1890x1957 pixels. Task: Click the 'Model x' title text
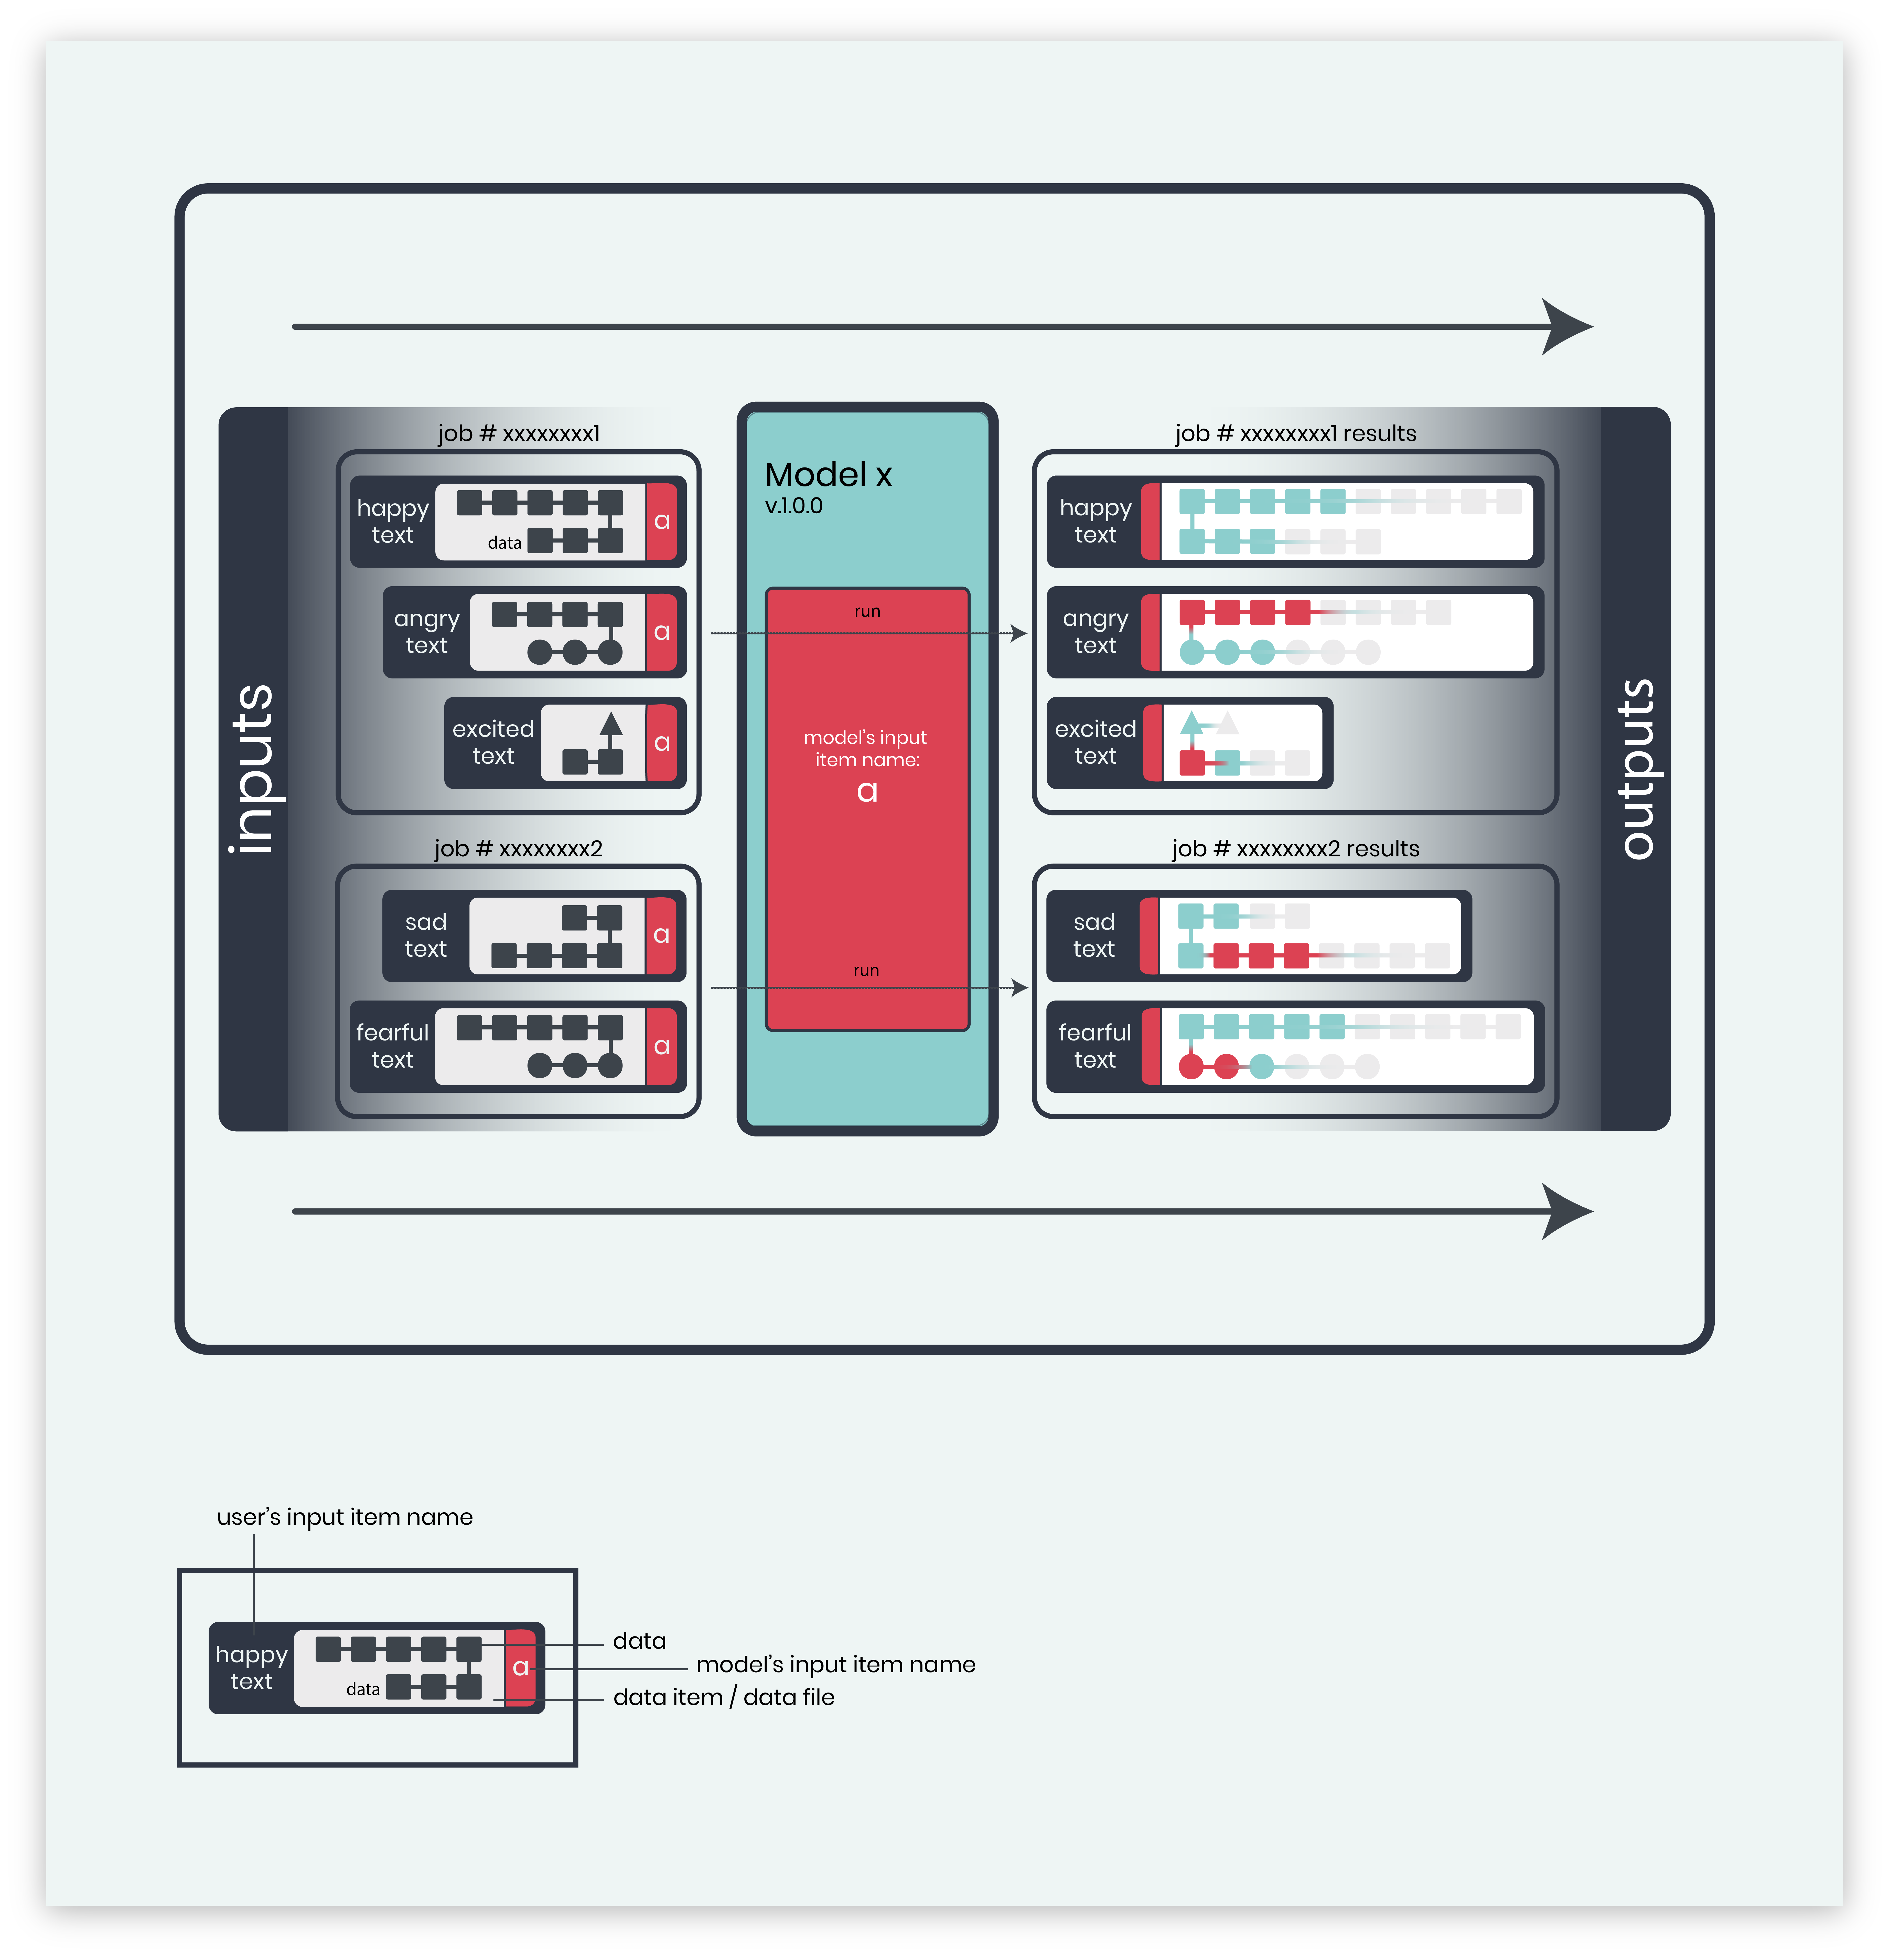[x=828, y=475]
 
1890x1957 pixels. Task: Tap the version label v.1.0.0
[x=794, y=506]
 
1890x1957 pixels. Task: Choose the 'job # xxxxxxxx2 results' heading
[x=1295, y=849]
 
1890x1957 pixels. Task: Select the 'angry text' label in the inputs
[x=426, y=632]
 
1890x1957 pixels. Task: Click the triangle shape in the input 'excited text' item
[x=611, y=724]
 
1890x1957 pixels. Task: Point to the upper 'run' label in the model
[x=867, y=611]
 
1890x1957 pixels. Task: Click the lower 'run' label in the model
[x=866, y=971]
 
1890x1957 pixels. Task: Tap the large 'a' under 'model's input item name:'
[x=867, y=792]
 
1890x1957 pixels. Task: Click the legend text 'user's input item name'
[x=345, y=1517]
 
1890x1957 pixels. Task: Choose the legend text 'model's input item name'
[x=835, y=1664]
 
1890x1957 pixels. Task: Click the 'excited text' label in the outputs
[x=1095, y=743]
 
